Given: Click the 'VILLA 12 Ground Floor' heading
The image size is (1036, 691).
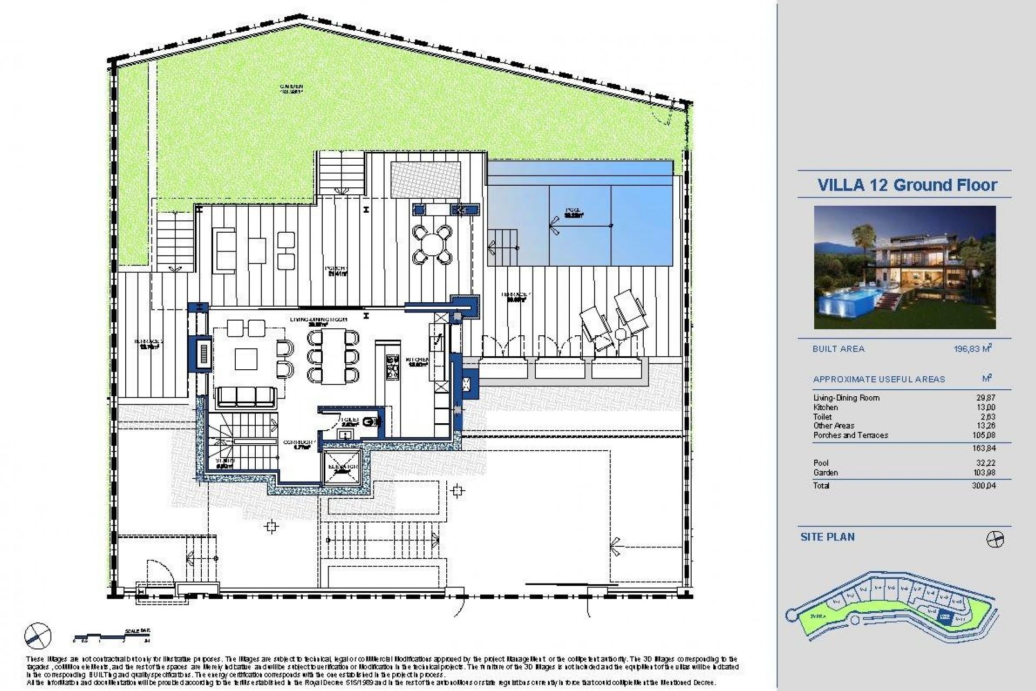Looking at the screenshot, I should (x=907, y=185).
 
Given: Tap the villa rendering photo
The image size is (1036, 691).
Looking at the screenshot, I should (x=904, y=267).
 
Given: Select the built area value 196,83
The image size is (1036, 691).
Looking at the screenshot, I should (x=973, y=349).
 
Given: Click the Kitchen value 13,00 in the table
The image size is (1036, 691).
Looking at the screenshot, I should (x=987, y=408).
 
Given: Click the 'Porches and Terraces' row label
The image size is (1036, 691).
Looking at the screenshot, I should (x=850, y=435).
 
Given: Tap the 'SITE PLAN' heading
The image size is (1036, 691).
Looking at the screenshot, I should (x=827, y=537).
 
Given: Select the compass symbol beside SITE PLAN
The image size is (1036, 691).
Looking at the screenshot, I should (x=995, y=539).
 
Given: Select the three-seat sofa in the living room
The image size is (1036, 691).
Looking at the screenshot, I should (x=246, y=397).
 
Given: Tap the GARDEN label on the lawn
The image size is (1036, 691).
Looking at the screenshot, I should (x=291, y=87).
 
